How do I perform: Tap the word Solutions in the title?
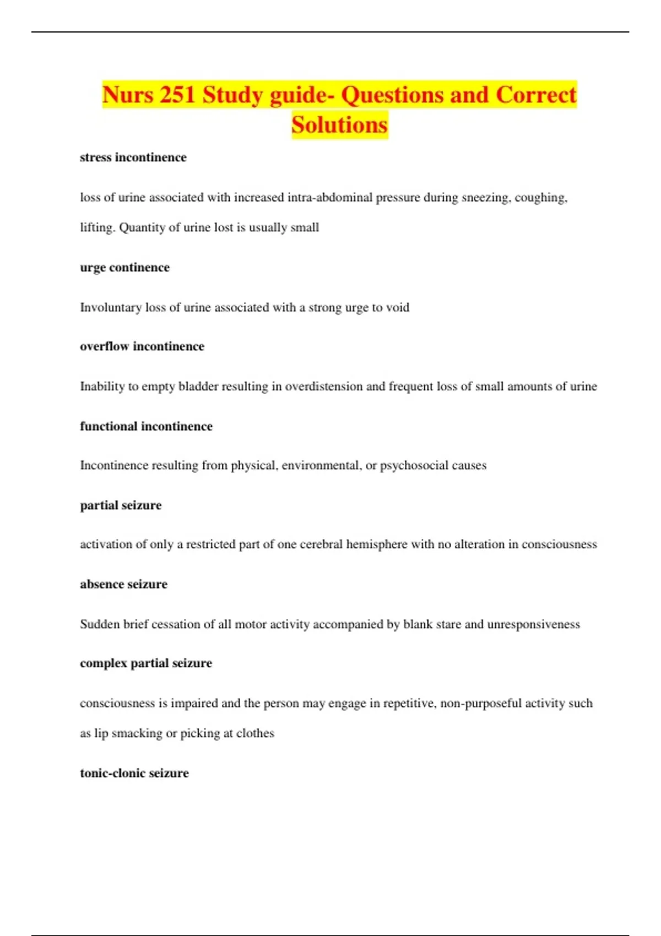click(339, 125)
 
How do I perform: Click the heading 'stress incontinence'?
click(133, 157)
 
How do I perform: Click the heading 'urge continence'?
click(124, 268)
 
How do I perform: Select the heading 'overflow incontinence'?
click(142, 346)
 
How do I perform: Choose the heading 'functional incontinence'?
click(146, 426)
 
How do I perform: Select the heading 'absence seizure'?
click(123, 584)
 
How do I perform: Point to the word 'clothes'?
click(255, 733)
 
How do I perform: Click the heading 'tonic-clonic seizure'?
click(134, 773)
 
